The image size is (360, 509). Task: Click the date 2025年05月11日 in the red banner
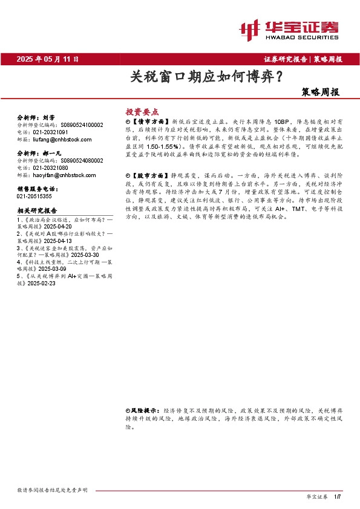[x=48, y=59]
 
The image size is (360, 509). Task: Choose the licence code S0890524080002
[x=82, y=161]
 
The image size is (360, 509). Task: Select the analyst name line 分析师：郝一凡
[x=38, y=154]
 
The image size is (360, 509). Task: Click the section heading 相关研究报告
[x=37, y=210]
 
